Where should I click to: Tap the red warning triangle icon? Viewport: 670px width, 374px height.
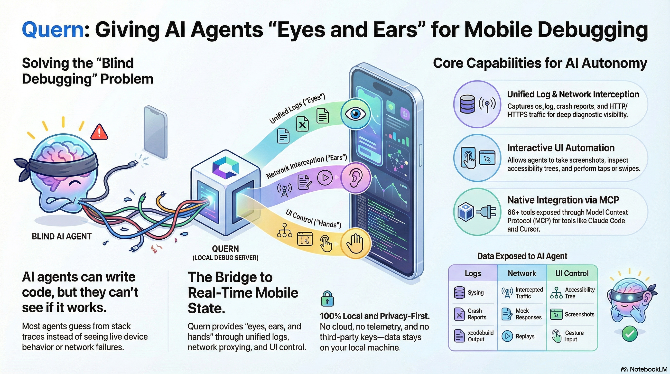99,132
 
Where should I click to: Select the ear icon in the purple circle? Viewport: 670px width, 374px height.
355,178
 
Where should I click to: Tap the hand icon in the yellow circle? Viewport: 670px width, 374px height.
355,243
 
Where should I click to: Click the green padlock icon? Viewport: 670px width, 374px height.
327,299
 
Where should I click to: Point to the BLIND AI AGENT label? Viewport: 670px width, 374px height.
62,236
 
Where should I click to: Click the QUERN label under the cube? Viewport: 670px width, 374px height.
225,249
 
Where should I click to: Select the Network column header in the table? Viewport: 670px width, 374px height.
522,273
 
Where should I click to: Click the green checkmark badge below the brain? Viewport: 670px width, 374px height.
629,334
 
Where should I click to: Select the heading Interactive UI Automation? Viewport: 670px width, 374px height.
561,148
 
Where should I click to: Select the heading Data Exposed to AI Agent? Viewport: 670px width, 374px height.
522,256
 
